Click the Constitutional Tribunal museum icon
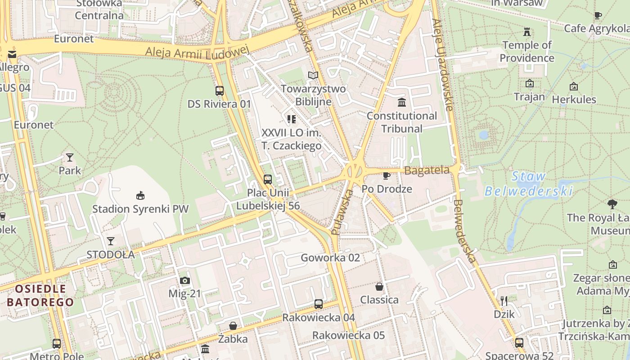402,103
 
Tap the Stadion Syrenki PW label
140,209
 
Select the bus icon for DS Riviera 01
220,91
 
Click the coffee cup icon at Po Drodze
386,175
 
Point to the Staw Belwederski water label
528,184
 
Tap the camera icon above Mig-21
184,281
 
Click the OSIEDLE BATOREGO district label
40,295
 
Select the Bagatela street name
427,171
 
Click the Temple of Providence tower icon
526,31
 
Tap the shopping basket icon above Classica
379,287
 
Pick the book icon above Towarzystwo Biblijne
313,75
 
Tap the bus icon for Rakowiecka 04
318,304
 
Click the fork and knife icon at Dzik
504,301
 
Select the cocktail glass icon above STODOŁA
110,241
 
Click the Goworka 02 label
330,258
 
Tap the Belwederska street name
464,232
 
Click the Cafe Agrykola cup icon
598,16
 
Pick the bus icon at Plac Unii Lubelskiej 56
268,180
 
